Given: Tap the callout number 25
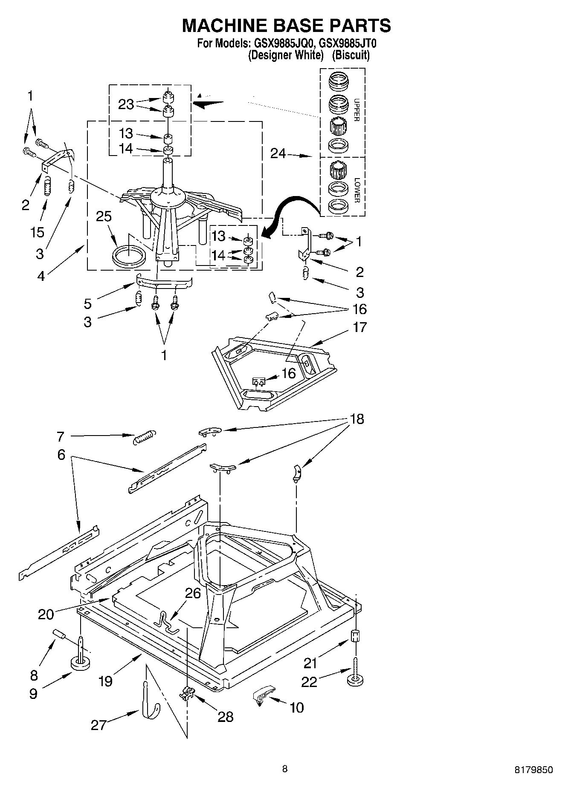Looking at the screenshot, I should pyautogui.click(x=104, y=216).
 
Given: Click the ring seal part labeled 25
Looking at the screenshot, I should pyautogui.click(x=128, y=256).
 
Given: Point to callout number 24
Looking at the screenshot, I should pyautogui.click(x=278, y=153).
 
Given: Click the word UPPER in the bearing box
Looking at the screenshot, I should pyautogui.click(x=357, y=110).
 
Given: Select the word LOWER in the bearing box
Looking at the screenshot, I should pyautogui.click(x=357, y=190).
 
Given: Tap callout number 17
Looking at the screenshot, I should pyautogui.click(x=359, y=327).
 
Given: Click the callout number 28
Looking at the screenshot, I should pyautogui.click(x=225, y=717).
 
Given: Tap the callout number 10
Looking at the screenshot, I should pyautogui.click(x=297, y=707).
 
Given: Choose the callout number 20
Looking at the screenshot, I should pyautogui.click(x=46, y=615).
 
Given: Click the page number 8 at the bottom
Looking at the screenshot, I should pyautogui.click(x=285, y=769).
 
